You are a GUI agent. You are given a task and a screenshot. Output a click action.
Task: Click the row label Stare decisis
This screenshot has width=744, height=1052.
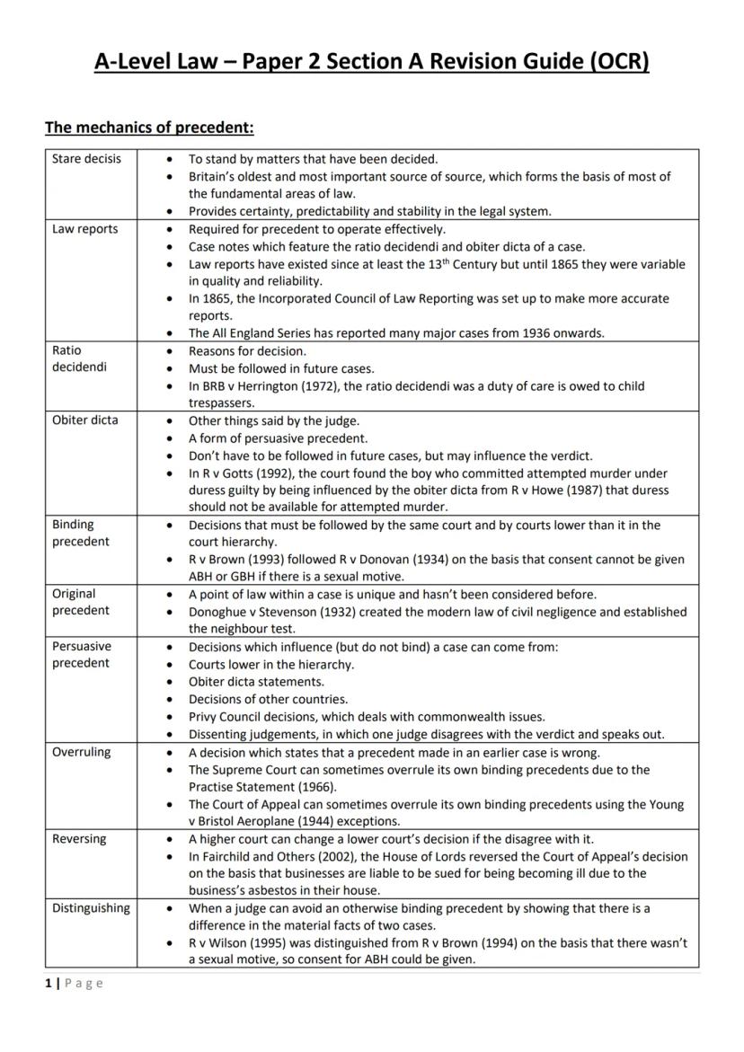85,159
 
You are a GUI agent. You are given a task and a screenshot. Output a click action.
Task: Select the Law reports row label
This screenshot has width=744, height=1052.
84,229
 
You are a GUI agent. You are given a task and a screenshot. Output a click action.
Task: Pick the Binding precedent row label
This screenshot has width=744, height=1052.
80,533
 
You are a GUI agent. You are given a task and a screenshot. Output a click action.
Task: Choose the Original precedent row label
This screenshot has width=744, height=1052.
80,602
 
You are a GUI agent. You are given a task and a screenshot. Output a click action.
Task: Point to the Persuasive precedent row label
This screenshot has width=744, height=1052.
82,654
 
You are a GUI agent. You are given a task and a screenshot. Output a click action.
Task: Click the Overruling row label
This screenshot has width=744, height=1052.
81,752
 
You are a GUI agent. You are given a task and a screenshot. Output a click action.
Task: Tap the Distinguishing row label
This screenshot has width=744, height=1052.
91,908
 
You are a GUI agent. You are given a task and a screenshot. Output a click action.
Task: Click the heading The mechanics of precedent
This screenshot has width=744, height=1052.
149,128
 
